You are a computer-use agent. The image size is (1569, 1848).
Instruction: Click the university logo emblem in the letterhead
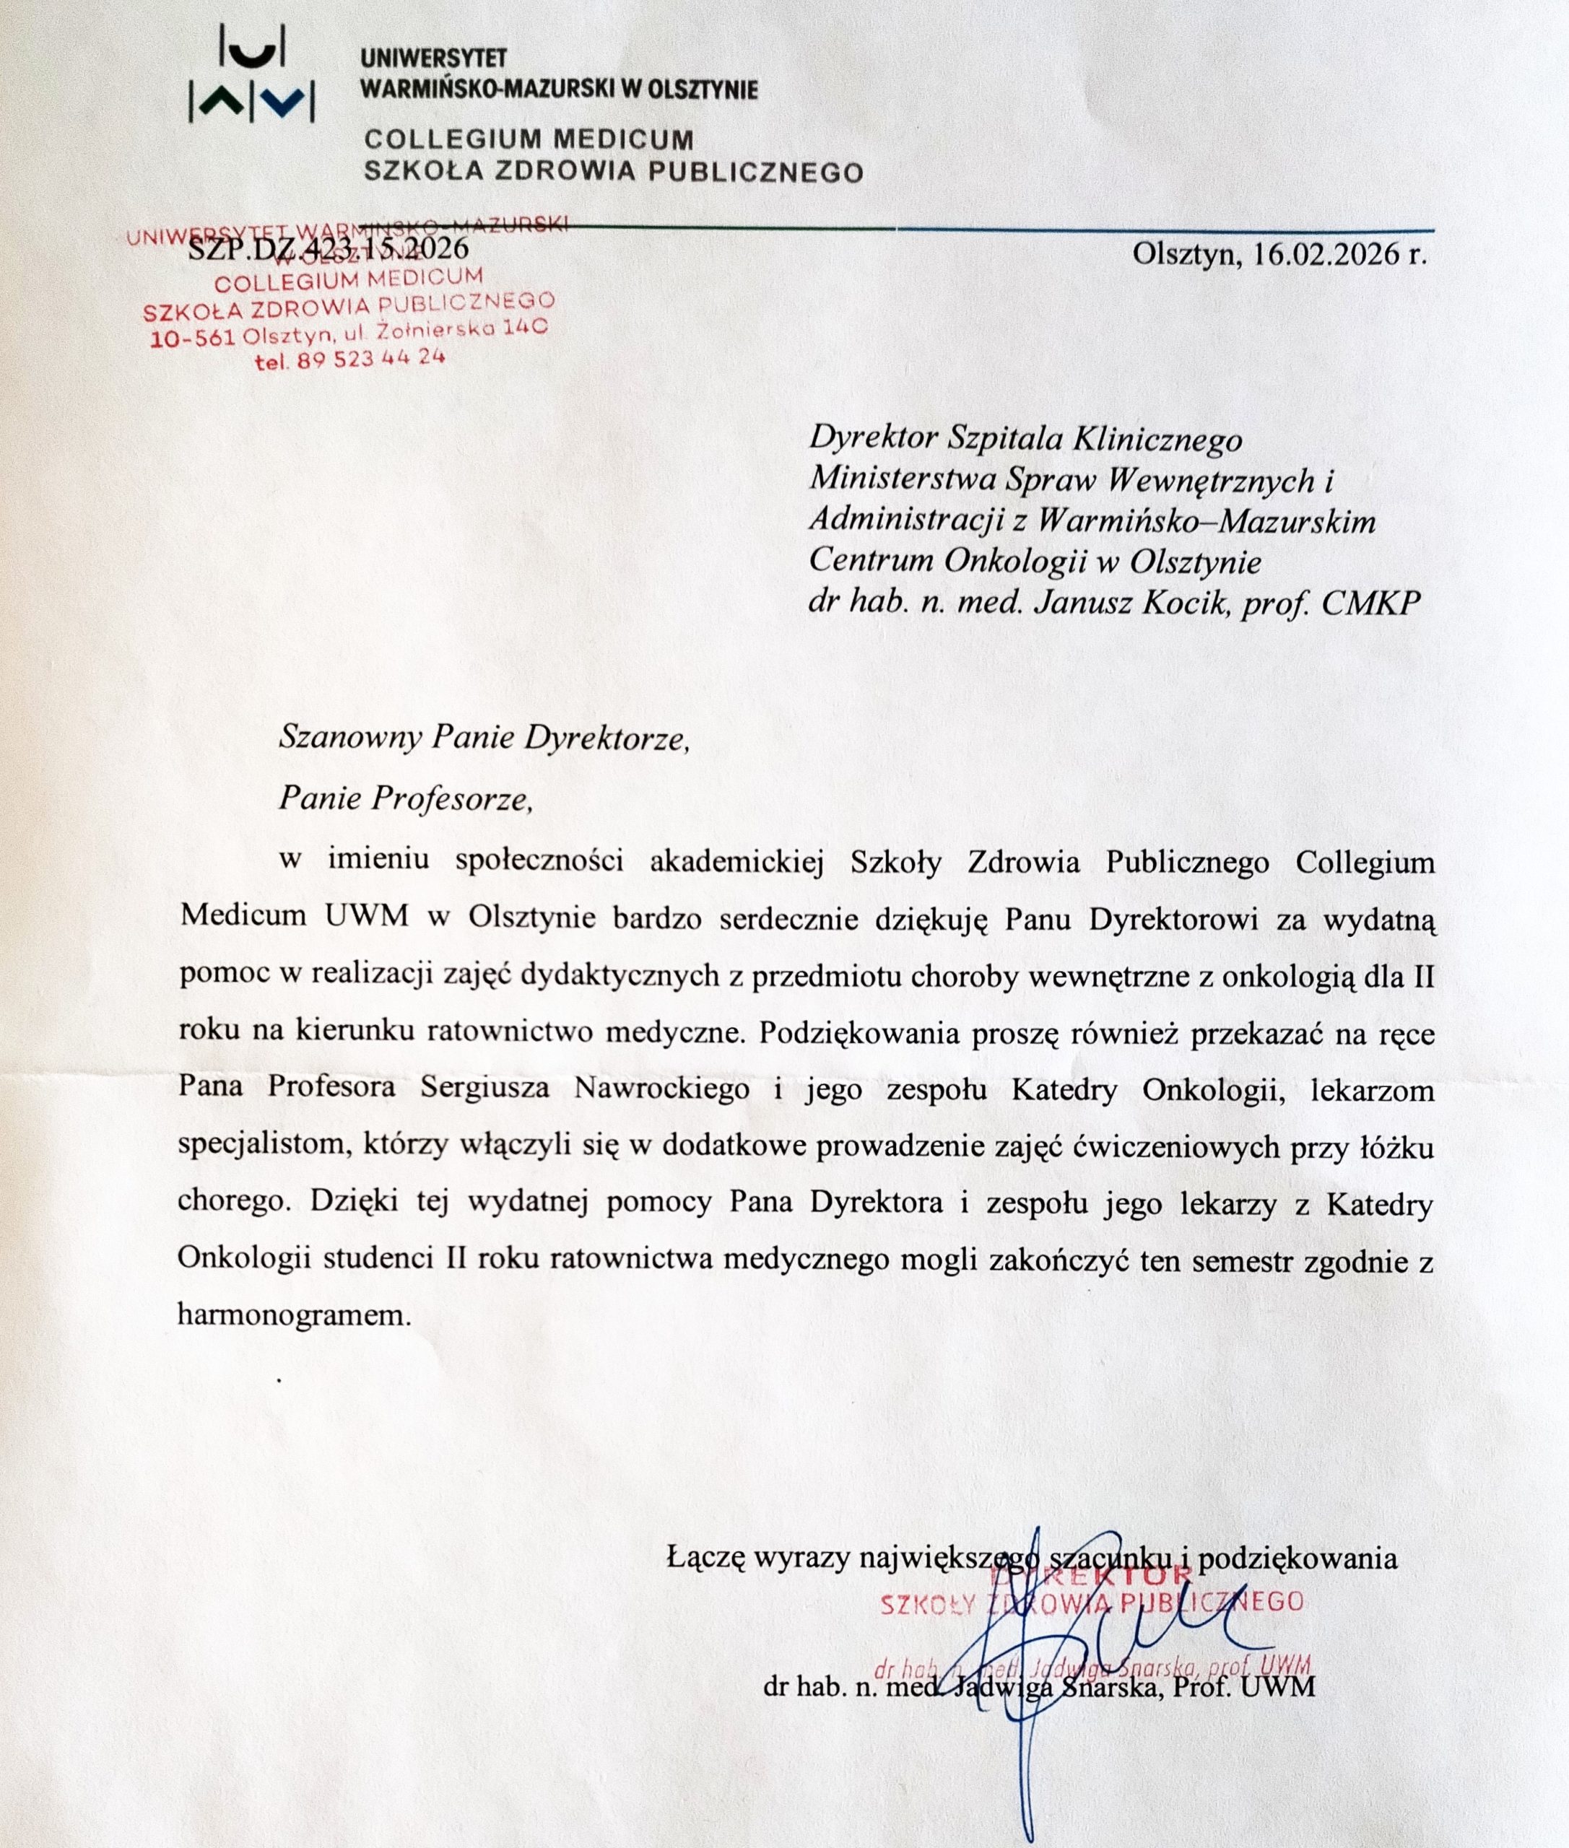(x=252, y=74)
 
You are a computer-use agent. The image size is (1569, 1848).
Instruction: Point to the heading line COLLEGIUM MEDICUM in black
(x=529, y=139)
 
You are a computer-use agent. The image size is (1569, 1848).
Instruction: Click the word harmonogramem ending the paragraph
(x=295, y=1315)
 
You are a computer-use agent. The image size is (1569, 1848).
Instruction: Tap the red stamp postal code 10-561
(x=192, y=338)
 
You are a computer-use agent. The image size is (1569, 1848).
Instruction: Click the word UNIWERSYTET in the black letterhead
(x=434, y=58)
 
